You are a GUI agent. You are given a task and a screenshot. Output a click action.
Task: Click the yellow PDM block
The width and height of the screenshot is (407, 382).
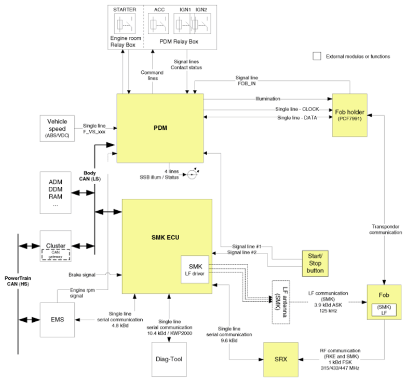(160, 128)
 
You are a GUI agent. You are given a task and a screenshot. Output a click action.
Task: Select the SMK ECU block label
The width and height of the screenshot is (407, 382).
(165, 238)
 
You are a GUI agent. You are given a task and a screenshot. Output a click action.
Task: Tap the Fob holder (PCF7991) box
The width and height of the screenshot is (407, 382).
(350, 115)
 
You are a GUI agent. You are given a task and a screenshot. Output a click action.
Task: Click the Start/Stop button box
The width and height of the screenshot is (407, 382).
(315, 264)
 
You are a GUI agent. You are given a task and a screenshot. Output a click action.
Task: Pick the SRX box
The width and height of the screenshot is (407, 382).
(281, 359)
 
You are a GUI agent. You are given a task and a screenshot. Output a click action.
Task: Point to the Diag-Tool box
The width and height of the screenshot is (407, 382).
(169, 359)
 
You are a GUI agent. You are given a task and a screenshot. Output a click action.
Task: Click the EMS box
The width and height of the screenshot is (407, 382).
(57, 320)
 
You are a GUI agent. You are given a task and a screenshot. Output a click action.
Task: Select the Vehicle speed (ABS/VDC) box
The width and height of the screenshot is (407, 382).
(57, 128)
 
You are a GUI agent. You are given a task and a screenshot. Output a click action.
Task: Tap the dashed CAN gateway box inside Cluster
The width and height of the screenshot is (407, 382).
(56, 254)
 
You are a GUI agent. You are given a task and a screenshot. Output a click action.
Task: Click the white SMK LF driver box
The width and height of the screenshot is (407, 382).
(195, 270)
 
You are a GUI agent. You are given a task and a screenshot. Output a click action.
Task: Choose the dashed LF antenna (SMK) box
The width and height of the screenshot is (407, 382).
(281, 302)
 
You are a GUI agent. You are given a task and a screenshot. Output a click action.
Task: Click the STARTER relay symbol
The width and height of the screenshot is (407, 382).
(125, 24)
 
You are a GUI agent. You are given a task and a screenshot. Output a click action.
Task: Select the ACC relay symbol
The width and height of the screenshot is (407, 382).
(158, 24)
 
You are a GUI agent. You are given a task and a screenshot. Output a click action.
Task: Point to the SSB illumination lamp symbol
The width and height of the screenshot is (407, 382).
(192, 174)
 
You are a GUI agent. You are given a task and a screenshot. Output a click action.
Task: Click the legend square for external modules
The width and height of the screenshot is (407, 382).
(317, 56)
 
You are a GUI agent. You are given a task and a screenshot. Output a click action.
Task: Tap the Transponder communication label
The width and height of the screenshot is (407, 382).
(385, 229)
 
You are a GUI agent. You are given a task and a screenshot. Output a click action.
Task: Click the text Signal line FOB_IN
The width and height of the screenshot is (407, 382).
(247, 80)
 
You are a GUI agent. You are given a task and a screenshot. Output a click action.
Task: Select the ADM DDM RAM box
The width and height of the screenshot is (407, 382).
(56, 193)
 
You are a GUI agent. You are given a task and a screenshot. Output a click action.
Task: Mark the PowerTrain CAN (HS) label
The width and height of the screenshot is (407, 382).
(18, 281)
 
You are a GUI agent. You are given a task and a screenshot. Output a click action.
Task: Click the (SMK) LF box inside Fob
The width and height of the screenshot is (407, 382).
(384, 310)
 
